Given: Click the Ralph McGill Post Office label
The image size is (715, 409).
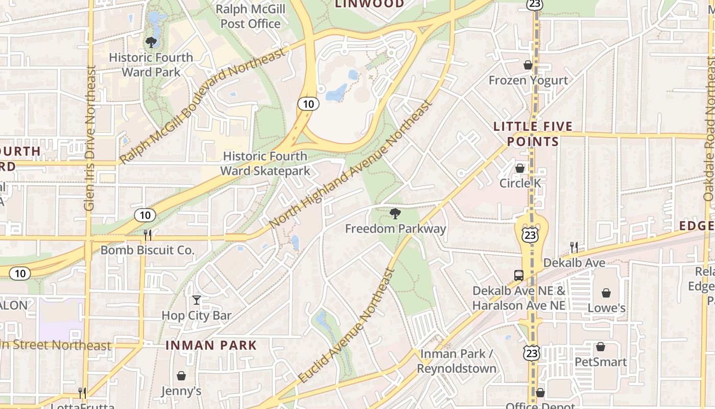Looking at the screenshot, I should pyautogui.click(x=250, y=16).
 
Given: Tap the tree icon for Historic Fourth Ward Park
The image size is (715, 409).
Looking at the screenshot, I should pyautogui.click(x=151, y=42).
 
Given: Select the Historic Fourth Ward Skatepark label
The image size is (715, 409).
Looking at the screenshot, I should pyautogui.click(x=266, y=163).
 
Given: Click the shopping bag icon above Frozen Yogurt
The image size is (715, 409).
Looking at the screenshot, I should pyautogui.click(x=528, y=65).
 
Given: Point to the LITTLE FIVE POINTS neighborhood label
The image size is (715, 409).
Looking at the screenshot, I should pyautogui.click(x=533, y=133).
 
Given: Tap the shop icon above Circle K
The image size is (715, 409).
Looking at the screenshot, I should pyautogui.click(x=520, y=168).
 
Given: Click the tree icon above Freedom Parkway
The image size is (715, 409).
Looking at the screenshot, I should pyautogui.click(x=395, y=213).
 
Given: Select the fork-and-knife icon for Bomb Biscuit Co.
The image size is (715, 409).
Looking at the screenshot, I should pyautogui.click(x=148, y=235).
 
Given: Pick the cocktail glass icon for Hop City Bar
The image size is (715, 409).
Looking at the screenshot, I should pyautogui.click(x=197, y=300).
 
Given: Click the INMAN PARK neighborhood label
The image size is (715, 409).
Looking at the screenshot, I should pyautogui.click(x=211, y=345).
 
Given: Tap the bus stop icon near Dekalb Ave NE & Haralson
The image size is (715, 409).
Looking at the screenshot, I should pyautogui.click(x=519, y=275).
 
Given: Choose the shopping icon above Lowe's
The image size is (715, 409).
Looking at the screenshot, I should pyautogui.click(x=606, y=293).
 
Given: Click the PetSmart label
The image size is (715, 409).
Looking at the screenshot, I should pyautogui.click(x=601, y=362).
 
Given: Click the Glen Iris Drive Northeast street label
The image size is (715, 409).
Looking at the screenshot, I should pyautogui.click(x=90, y=138).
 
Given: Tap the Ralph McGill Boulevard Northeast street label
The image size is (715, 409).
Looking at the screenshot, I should pyautogui.click(x=202, y=106).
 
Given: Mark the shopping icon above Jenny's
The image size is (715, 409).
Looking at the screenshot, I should pyautogui.click(x=181, y=376).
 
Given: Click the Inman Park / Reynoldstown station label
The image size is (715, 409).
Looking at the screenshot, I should pyautogui.click(x=457, y=361).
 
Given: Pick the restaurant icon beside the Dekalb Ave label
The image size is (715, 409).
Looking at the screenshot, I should pyautogui.click(x=574, y=247).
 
